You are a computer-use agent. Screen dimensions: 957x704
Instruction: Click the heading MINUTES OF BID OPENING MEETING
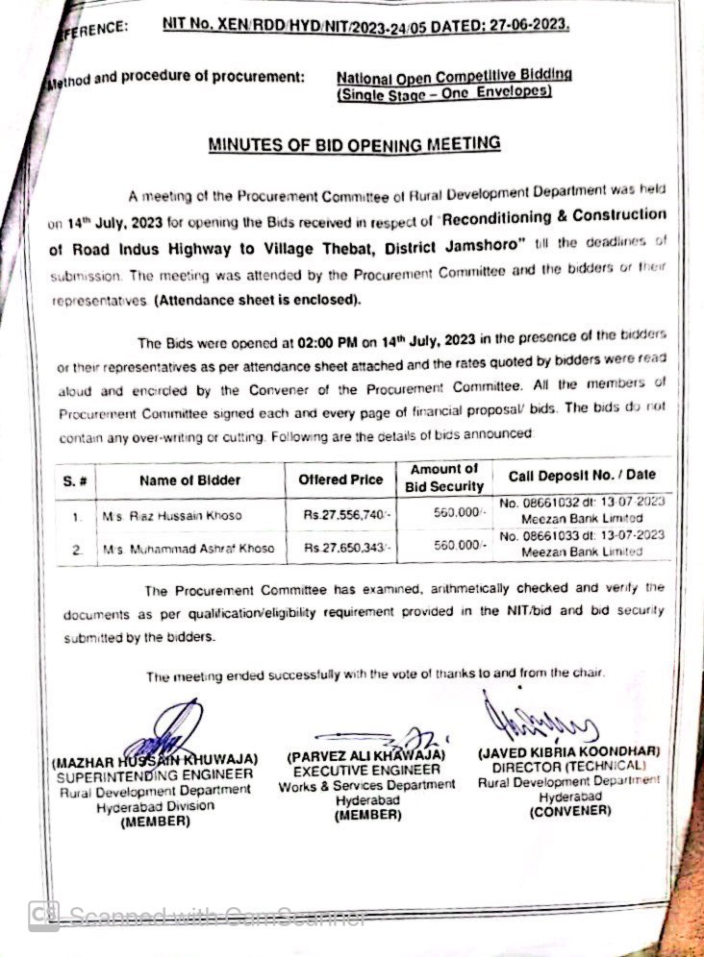tap(355, 145)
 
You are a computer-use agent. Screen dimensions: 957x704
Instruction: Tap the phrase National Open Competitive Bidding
tap(454, 75)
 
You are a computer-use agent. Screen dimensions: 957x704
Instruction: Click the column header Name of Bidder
tap(189, 480)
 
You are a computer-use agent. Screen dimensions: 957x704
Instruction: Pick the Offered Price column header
tap(340, 479)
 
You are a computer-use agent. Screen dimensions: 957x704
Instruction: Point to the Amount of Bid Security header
tap(443, 478)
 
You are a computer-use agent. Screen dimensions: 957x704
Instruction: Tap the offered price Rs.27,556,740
tap(345, 515)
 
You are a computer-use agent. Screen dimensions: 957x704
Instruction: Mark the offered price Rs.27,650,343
tap(345, 548)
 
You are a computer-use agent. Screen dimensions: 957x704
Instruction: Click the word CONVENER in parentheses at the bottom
tap(569, 811)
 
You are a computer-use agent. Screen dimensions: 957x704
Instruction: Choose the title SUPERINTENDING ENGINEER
tap(155, 774)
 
